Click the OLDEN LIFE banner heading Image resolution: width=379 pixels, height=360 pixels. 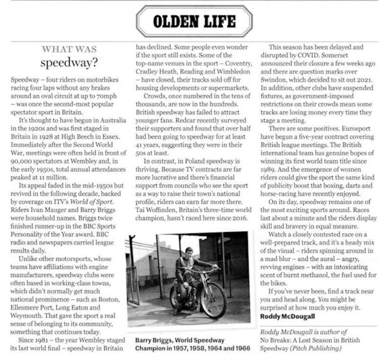tap(194, 21)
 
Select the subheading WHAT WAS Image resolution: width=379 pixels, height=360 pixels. tap(69, 49)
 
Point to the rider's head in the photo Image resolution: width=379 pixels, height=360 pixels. tap(188, 251)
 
